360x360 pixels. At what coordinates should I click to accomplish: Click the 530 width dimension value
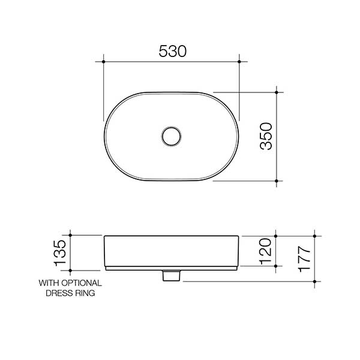pyautogui.click(x=172, y=52)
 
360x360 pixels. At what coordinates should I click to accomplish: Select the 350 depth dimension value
pyautogui.click(x=265, y=137)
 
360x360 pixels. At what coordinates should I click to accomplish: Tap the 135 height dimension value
pyautogui.click(x=59, y=253)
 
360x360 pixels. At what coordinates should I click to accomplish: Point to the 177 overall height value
pyautogui.click(x=304, y=257)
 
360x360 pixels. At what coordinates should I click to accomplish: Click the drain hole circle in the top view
pyautogui.click(x=172, y=136)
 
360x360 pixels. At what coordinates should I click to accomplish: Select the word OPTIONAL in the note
pyautogui.click(x=80, y=283)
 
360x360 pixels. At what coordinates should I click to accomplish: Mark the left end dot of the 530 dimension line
pyautogui.click(x=104, y=61)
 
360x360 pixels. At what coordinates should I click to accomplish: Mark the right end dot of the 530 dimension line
pyautogui.click(x=239, y=61)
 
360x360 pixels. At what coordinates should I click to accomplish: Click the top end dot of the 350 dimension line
pyautogui.click(x=276, y=92)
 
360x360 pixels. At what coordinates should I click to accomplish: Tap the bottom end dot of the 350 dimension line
pyautogui.click(x=276, y=180)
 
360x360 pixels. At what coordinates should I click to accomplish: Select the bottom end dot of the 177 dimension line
pyautogui.click(x=315, y=280)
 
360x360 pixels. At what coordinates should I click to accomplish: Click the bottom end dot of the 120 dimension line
pyautogui.click(x=276, y=265)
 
